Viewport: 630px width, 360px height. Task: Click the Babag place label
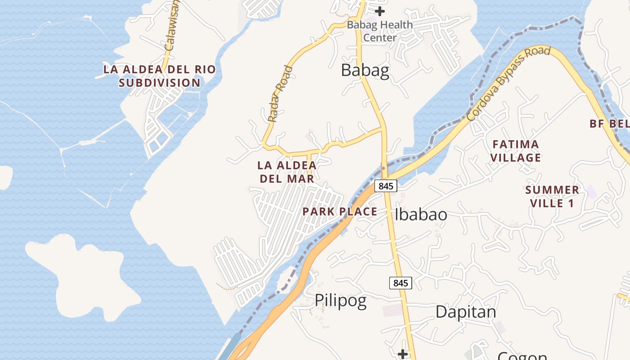point(365,71)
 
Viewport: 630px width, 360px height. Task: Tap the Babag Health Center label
point(380,31)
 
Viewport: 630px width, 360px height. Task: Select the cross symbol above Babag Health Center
point(380,11)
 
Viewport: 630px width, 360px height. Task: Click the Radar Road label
point(280,94)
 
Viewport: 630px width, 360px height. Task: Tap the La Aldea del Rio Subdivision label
point(160,76)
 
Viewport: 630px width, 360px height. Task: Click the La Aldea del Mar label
point(287,172)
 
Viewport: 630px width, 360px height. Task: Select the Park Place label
point(340,211)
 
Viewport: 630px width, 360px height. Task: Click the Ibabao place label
point(421,215)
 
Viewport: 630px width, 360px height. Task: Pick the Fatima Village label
point(516,151)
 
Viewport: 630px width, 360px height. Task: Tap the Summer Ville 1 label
point(552,197)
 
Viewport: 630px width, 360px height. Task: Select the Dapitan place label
point(466,312)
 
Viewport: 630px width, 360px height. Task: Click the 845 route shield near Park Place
point(386,185)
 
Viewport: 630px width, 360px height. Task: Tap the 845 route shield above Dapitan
point(400,283)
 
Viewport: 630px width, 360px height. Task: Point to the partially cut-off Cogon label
point(522,356)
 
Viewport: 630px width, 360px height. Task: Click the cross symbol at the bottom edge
point(403,354)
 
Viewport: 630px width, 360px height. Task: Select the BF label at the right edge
point(609,124)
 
